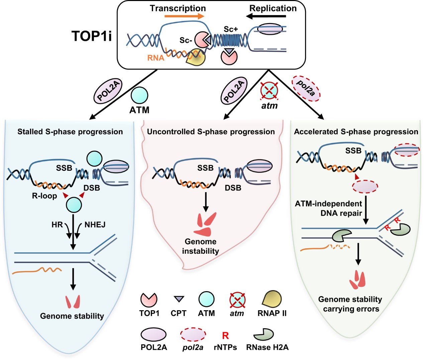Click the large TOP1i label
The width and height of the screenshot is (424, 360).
92,36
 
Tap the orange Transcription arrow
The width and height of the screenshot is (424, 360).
184,16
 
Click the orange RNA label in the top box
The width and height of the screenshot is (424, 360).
155,58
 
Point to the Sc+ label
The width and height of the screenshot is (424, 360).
230,29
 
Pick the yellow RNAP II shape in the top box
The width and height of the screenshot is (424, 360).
196,57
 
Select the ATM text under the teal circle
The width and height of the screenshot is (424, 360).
139,110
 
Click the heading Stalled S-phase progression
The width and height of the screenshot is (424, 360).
70,132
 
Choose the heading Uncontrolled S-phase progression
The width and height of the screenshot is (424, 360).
211,132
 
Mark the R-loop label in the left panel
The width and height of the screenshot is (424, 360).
44,196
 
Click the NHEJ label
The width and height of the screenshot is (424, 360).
95,225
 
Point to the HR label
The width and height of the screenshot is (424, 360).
57,225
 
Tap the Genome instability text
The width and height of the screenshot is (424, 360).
201,246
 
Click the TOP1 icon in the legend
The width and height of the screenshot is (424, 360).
149,299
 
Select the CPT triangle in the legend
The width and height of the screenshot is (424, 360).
179,299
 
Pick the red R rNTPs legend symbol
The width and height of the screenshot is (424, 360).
225,335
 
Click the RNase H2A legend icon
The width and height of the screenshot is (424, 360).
263,334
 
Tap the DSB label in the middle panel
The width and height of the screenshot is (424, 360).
233,188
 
